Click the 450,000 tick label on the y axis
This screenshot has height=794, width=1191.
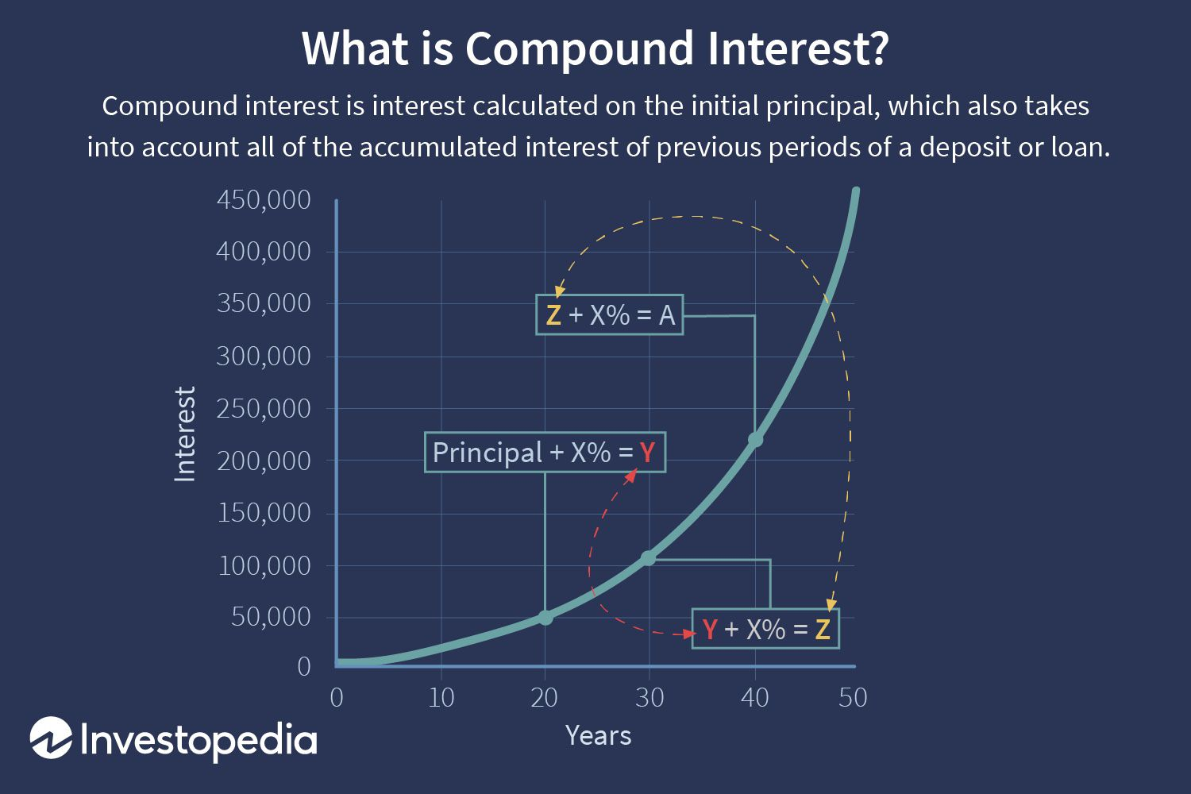point(264,200)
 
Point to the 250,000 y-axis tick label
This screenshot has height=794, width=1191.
point(264,409)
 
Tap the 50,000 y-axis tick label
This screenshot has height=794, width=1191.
point(271,617)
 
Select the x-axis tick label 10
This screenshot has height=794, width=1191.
point(441,698)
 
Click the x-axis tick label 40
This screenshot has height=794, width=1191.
point(755,698)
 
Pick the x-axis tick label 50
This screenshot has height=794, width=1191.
point(852,698)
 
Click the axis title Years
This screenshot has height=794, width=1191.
point(598,735)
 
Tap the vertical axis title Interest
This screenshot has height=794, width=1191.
point(185,434)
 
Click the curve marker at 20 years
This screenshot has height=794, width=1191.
point(545,617)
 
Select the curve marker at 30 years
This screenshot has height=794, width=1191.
point(649,558)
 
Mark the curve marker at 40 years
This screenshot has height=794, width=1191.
point(755,439)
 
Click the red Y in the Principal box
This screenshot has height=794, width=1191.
point(648,453)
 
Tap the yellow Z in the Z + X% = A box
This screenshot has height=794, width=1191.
point(553,315)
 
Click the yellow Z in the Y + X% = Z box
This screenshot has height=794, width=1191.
point(823,630)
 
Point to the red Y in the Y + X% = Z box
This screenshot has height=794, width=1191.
point(710,630)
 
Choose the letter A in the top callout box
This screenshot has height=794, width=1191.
point(666,315)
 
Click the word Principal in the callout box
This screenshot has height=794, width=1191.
point(487,453)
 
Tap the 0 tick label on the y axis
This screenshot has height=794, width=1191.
point(303,666)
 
